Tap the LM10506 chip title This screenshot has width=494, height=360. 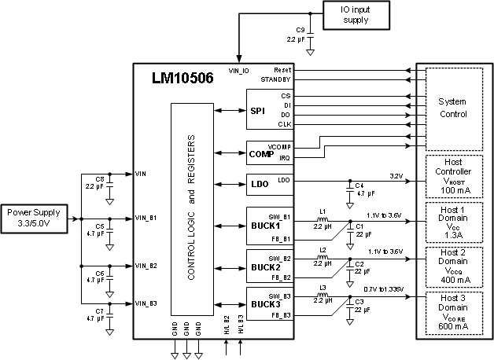[182, 79]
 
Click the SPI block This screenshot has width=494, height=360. [258, 112]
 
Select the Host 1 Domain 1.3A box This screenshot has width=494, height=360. [453, 222]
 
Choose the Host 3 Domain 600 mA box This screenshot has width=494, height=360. [453, 313]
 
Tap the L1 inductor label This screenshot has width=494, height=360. [322, 210]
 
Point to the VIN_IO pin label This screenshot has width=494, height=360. [238, 71]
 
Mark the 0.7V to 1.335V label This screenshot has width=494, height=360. [385, 288]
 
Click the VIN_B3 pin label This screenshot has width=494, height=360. [147, 303]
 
